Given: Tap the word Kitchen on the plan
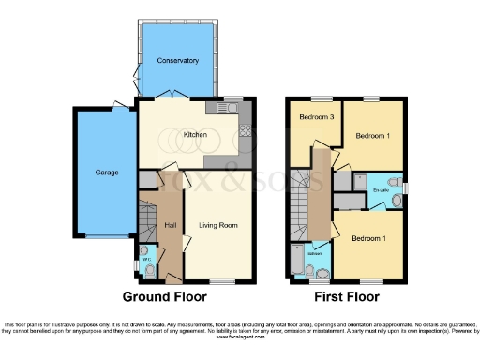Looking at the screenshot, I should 195,135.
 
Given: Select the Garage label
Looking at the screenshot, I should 105,172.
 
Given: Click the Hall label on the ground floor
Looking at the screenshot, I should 171,225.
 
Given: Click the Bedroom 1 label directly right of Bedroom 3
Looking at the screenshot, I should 371,135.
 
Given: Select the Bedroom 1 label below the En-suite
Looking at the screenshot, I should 368,239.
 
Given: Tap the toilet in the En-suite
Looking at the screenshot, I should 396,182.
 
